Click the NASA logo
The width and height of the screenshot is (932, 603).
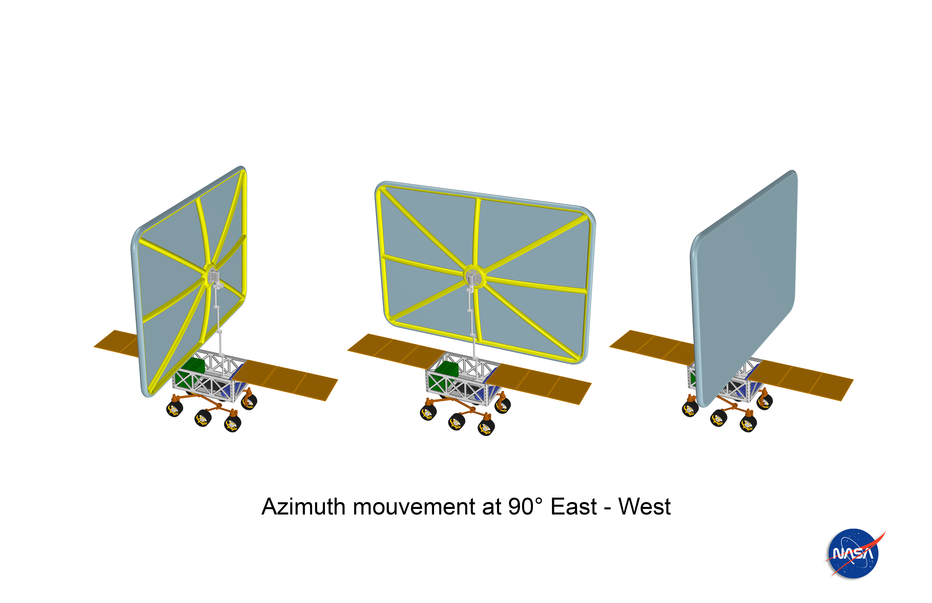[x=854, y=553]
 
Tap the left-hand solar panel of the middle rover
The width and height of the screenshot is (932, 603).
[x=395, y=349]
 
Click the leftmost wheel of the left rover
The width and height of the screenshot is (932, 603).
[x=175, y=409]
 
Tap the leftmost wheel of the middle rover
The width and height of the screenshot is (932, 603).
[x=428, y=412]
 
